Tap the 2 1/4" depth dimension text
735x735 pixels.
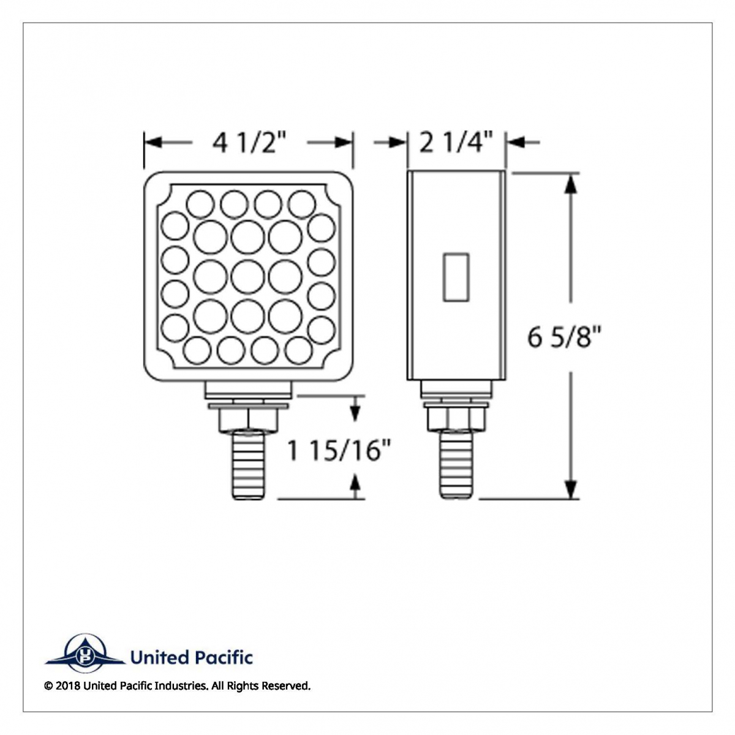pos(456,143)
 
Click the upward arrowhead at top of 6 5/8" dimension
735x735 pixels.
pos(571,183)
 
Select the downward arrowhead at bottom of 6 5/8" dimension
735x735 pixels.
pos(571,489)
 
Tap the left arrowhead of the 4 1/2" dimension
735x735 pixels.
pos(152,143)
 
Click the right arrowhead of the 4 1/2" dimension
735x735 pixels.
pos(344,143)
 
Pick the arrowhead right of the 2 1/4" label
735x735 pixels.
pos(515,143)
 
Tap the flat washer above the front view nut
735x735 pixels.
pos(248,405)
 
